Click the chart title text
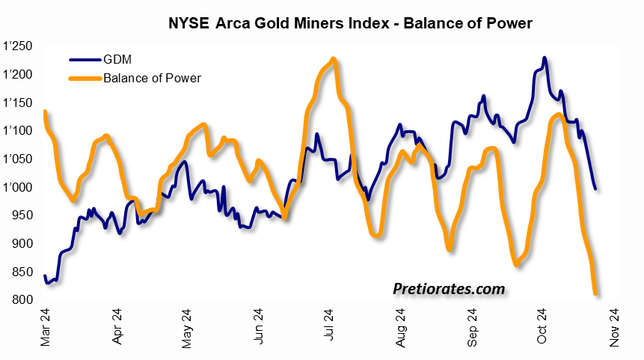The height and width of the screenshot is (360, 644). click(349, 23)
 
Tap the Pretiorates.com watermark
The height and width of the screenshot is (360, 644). click(449, 289)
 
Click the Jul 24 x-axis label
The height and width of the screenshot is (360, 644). click(331, 328)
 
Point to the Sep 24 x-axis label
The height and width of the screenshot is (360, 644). click(473, 328)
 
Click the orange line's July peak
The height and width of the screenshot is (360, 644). click(333, 58)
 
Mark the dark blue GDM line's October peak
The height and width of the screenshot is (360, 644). click(544, 58)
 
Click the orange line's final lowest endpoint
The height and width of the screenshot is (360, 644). click(595, 293)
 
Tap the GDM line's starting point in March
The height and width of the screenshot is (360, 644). click(45, 276)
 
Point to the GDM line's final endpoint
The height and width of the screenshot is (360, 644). click(595, 189)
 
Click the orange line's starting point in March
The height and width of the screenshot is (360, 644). click(45, 112)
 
